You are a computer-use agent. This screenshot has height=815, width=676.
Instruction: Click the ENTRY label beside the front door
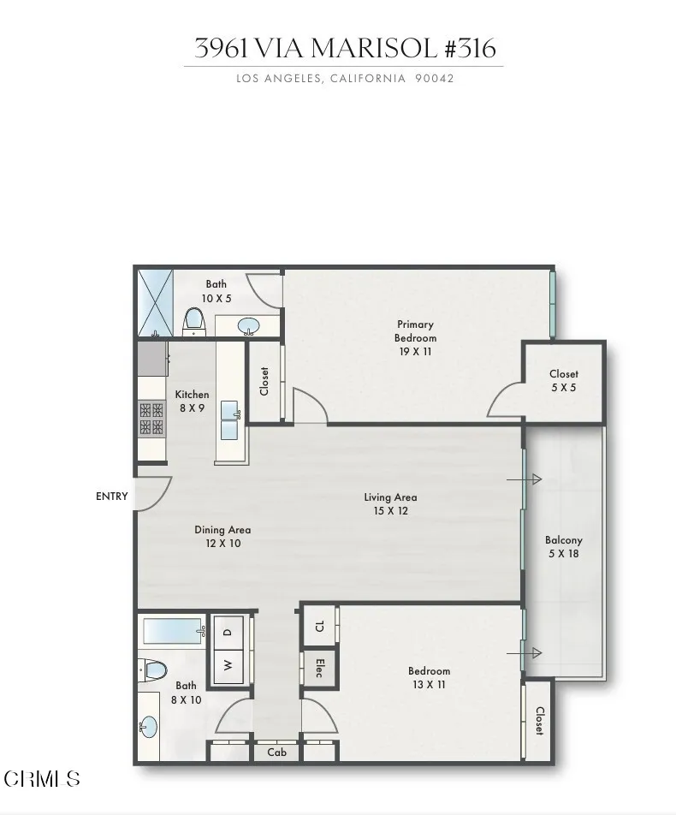click(x=112, y=497)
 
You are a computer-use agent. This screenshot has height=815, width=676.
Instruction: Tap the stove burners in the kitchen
click(x=151, y=418)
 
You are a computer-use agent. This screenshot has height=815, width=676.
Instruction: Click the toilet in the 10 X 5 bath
click(x=193, y=321)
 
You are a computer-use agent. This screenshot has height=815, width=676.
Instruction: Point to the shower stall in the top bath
click(x=155, y=302)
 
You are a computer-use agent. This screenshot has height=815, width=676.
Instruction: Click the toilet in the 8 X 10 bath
click(x=154, y=669)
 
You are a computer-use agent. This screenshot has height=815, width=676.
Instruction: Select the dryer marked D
click(x=228, y=633)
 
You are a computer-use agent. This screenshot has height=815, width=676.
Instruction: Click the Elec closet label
click(x=319, y=668)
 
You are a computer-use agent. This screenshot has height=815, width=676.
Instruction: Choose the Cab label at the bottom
click(x=276, y=753)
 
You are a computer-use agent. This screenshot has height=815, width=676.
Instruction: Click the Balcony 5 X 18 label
click(x=564, y=547)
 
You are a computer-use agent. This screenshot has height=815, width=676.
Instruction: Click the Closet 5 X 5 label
click(x=564, y=380)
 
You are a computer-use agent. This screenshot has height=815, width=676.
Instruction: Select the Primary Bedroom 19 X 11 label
click(x=415, y=337)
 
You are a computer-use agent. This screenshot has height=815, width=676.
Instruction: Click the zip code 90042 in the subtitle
click(x=434, y=79)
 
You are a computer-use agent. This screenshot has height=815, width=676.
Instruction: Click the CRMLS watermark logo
click(x=42, y=778)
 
